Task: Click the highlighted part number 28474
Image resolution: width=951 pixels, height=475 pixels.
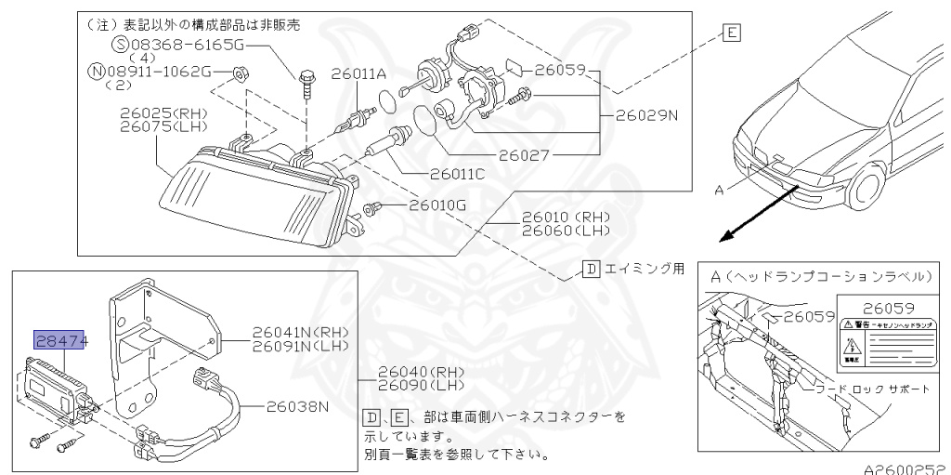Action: pyautogui.click(x=60, y=341)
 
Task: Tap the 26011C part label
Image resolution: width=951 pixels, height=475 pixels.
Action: pyautogui.click(x=457, y=173)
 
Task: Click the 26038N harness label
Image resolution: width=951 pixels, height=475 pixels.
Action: pyautogui.click(x=299, y=405)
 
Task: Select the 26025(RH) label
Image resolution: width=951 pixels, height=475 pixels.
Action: pyautogui.click(x=163, y=113)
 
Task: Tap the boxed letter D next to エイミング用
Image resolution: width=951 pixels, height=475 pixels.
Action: pyautogui.click(x=591, y=270)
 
